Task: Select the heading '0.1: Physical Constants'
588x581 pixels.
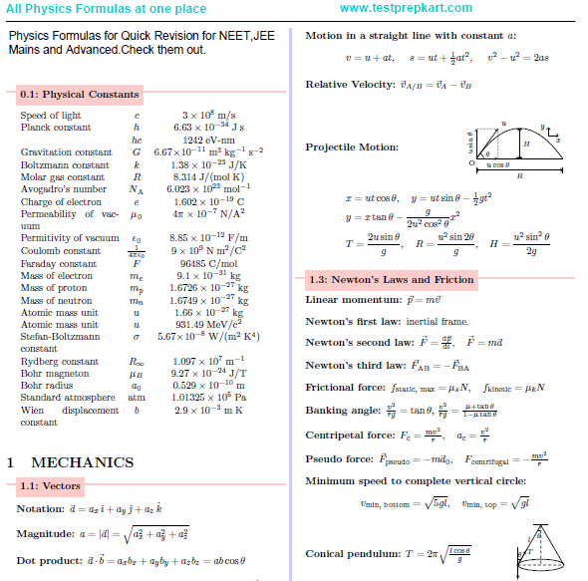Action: click(79, 95)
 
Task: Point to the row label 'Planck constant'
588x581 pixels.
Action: click(56, 128)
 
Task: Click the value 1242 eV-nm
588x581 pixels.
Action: click(208, 140)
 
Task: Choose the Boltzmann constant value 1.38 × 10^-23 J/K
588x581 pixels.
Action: click(208, 164)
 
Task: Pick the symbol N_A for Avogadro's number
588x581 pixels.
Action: click(137, 189)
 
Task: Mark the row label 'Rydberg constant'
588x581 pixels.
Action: click(59, 362)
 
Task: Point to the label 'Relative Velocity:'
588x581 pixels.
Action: click(351, 84)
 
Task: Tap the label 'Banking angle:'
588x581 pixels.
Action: click(343, 410)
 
